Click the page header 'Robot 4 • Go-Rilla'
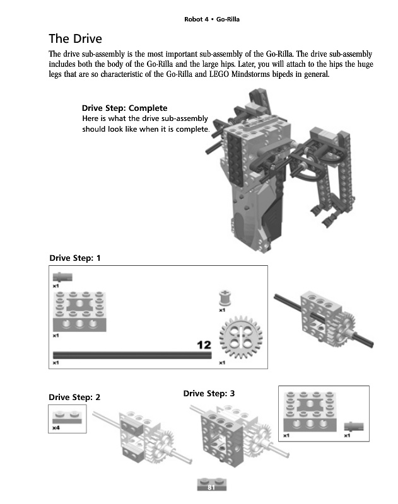211,20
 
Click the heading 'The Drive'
75,38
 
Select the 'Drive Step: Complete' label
124,108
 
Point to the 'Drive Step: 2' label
74,398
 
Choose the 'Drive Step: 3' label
209,394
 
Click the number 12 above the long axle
204,345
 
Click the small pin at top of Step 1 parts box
62,277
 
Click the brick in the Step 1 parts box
79,311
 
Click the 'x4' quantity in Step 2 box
56,428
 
